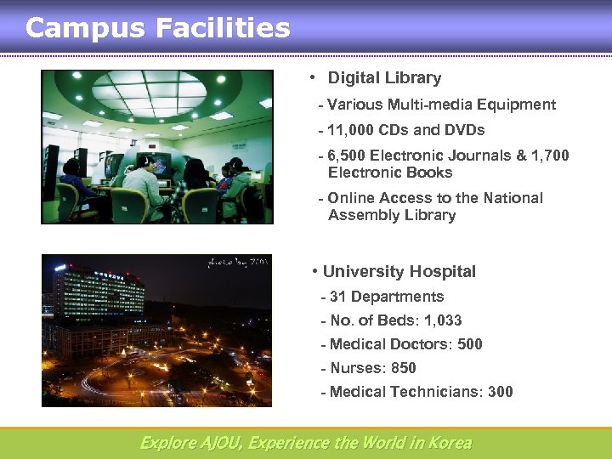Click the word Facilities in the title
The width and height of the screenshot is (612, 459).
tap(222, 28)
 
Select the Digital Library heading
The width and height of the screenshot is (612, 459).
tap(384, 78)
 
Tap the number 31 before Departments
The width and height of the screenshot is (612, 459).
tap(337, 297)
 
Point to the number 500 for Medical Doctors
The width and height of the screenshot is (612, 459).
tap(469, 344)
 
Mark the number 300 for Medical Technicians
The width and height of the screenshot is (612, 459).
tap(500, 392)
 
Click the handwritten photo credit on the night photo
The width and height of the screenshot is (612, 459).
tap(237, 262)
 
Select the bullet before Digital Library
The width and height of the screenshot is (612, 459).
tap(313, 78)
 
